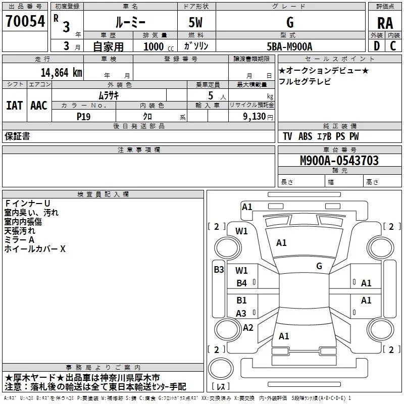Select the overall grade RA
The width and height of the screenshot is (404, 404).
pos(385,23)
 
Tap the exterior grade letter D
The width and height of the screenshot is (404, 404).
pos(376,45)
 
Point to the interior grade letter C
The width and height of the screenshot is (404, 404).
pos(393,45)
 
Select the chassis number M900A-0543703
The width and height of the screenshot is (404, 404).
pos(339,161)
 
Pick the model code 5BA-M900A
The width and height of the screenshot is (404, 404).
pos(289,46)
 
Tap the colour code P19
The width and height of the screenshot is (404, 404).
pos(83,116)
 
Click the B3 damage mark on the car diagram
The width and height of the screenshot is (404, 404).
pos(218,269)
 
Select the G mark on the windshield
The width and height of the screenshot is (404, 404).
pos(319,266)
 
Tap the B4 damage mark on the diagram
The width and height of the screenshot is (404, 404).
pos(242,283)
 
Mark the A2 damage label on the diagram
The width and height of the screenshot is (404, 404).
pos(247,328)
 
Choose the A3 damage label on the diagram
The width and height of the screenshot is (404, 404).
pos(241,313)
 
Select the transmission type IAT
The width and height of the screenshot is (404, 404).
pos(14,105)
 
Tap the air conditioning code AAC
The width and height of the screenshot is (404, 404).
pos(38,105)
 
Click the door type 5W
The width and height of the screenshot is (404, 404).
pos(197,23)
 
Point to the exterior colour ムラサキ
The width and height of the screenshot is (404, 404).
pos(108,95)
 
